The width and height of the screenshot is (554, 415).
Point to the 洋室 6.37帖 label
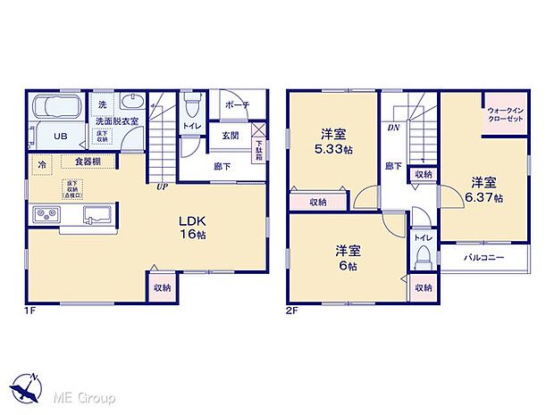pos(487,190)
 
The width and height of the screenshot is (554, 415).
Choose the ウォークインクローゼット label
pos(506,115)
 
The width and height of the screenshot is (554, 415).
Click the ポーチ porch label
pos(237,104)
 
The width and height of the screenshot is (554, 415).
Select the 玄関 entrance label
pos(230,136)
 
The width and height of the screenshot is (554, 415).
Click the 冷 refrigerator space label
pos(42,165)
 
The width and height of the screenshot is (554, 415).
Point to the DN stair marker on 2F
pos(392,128)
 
